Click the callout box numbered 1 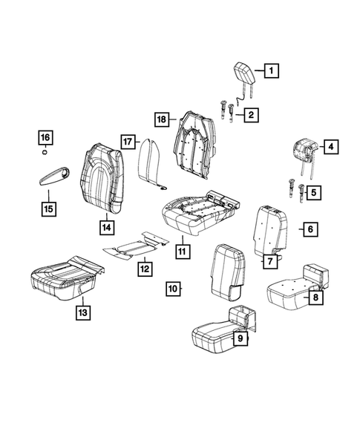click(x=271, y=71)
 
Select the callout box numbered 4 click(x=330, y=147)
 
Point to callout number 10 click(x=172, y=287)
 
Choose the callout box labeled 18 click(x=161, y=119)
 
